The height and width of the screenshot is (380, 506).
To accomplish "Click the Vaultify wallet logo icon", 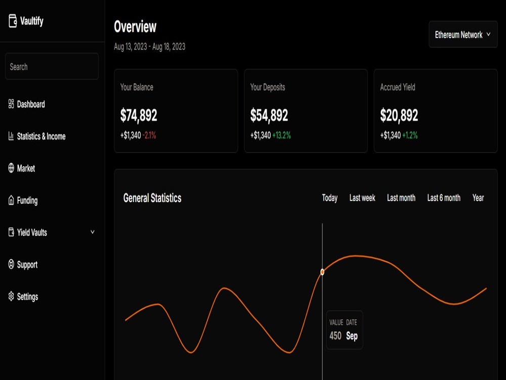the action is click(x=13, y=21).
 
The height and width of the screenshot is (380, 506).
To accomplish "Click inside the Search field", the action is click(x=52, y=66).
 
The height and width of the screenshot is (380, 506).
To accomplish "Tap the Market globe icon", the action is click(x=11, y=168).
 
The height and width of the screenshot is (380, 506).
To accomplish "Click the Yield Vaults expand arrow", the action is click(x=93, y=232).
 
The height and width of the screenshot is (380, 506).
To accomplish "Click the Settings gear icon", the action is click(x=11, y=296).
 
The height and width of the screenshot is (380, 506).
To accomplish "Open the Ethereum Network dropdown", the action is click(x=463, y=34).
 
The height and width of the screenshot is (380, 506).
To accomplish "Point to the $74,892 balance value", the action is click(x=139, y=116).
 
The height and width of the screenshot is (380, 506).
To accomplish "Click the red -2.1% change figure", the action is click(x=149, y=135).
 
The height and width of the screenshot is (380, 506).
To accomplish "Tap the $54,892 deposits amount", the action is click(x=269, y=116).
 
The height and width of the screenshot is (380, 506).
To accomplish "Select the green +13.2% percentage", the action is click(x=281, y=135).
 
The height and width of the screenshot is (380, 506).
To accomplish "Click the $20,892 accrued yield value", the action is click(x=399, y=116).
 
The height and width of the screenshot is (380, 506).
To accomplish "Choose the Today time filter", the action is click(x=330, y=198).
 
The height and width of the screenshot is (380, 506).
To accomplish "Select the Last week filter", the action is click(x=362, y=198).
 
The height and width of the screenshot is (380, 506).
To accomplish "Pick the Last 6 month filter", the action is click(x=444, y=198).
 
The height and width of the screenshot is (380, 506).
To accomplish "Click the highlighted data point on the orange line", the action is click(x=322, y=272).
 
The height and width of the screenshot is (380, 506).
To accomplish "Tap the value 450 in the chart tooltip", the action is click(x=335, y=336).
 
